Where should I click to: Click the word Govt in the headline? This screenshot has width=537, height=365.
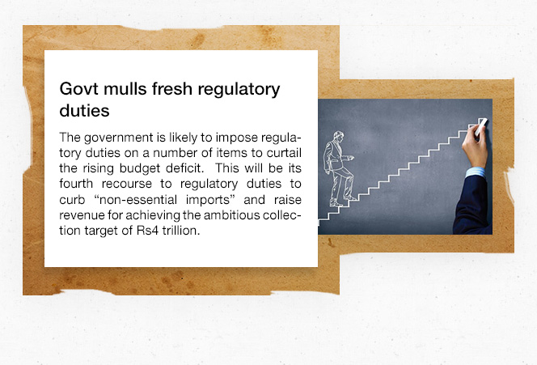click(x=79, y=89)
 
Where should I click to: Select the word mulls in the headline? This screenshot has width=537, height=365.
click(x=125, y=89)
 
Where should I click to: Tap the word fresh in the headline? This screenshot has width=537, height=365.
click(x=172, y=89)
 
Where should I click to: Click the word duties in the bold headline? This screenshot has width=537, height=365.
click(x=84, y=111)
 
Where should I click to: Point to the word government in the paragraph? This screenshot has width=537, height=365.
click(x=119, y=138)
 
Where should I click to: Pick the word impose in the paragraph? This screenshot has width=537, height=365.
click(x=237, y=138)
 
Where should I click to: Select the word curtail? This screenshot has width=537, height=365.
click(x=284, y=152)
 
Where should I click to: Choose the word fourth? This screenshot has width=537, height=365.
click(x=76, y=184)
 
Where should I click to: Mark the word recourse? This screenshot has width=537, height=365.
click(x=127, y=184)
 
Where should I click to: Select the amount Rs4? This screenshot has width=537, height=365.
click(x=148, y=231)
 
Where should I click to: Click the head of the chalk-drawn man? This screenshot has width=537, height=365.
click(x=338, y=137)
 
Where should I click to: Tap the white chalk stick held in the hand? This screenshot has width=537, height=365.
click(x=480, y=126)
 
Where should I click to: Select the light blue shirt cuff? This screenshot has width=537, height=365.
click(x=476, y=172)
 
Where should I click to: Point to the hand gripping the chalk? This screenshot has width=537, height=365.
click(x=475, y=148)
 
